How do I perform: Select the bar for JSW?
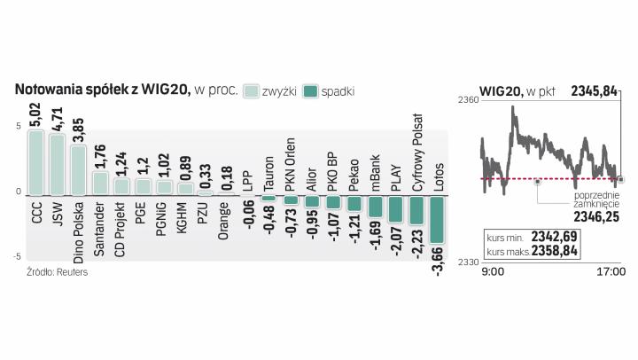[x=57, y=165]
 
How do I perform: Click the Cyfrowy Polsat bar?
[x=416, y=209]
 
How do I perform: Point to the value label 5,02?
[x=35, y=117]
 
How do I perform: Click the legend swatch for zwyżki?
[x=253, y=90]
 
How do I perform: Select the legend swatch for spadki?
[x=310, y=90]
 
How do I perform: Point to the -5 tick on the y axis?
[x=18, y=257]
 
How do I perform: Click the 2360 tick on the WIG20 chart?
[x=469, y=102]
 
